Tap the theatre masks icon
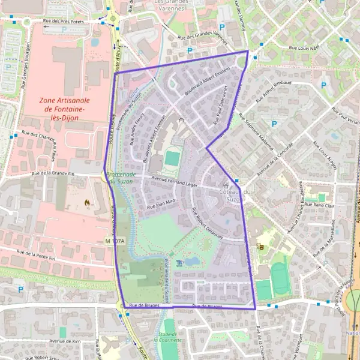click(260, 245)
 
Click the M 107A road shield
click(113, 241)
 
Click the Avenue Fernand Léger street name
click(174, 181)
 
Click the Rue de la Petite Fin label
click(35, 254)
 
